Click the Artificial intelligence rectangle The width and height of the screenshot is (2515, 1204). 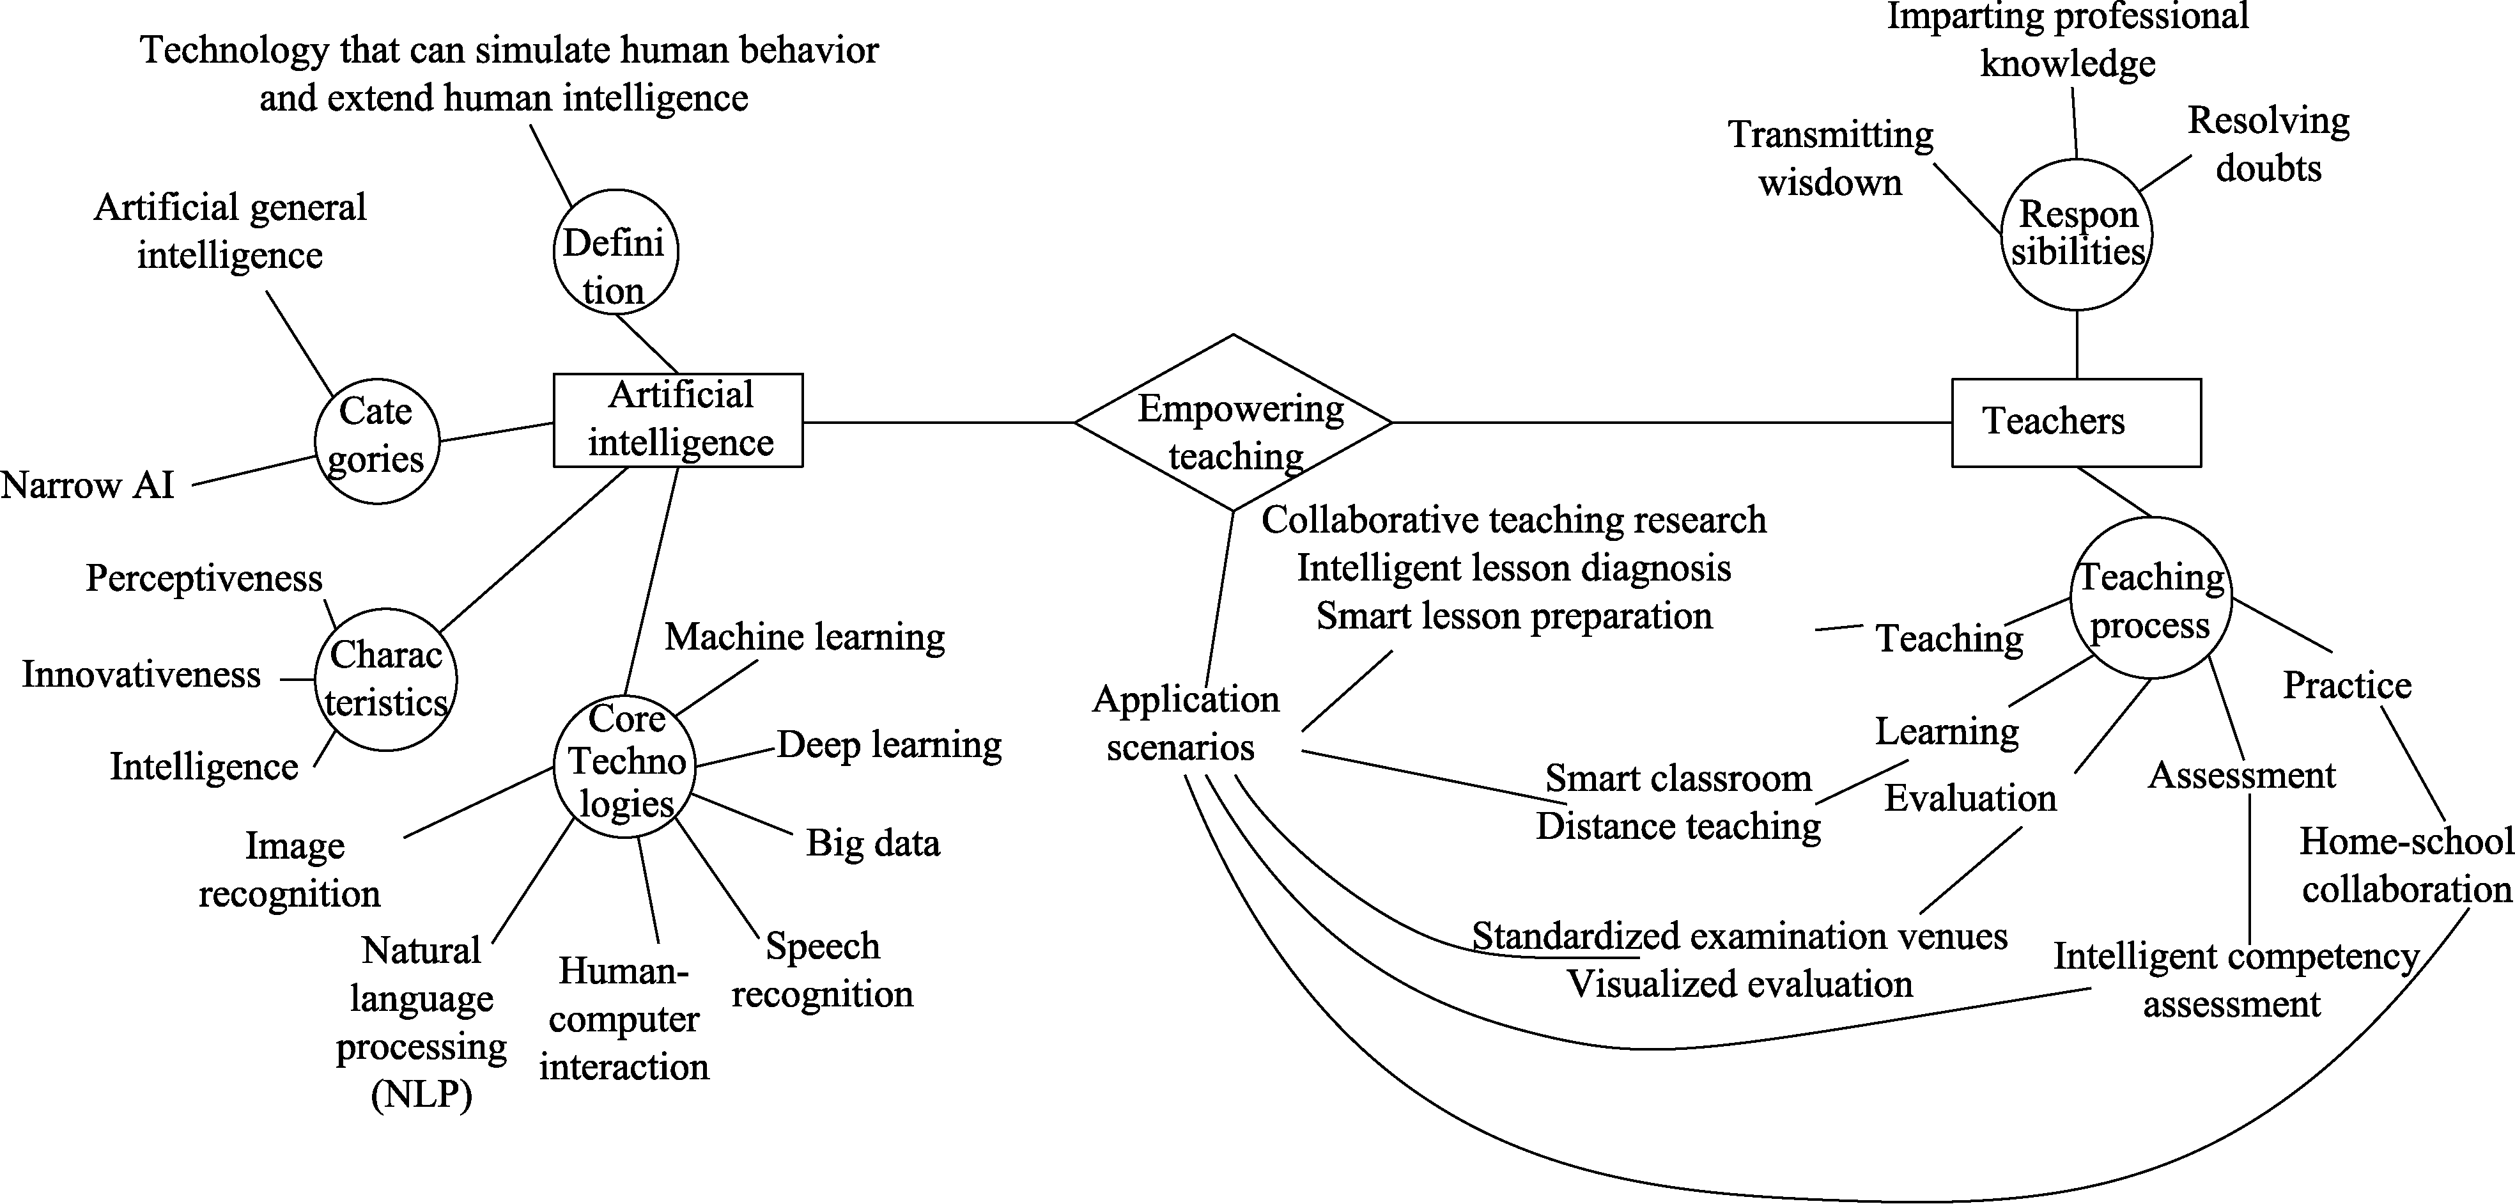point(679,420)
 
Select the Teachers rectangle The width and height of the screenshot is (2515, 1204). point(2076,422)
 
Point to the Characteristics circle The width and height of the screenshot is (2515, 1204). point(385,680)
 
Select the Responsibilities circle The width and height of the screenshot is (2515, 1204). point(2077,235)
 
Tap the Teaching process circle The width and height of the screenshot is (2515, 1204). point(2151,598)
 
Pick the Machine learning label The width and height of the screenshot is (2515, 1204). point(805,637)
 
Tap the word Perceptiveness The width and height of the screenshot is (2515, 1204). point(203,578)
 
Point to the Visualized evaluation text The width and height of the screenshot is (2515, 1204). point(1739,984)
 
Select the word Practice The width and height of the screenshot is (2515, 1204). point(2346,685)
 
